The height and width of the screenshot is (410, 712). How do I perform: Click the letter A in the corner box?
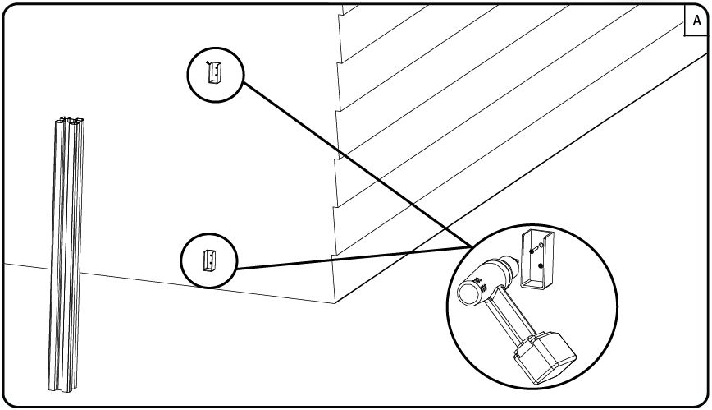[x=696, y=22]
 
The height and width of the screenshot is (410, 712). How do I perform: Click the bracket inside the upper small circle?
[x=214, y=72]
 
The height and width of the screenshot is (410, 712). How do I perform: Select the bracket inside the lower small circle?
[x=209, y=261]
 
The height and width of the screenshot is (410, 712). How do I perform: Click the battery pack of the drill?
[x=541, y=354]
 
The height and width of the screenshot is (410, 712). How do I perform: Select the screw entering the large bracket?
[x=534, y=247]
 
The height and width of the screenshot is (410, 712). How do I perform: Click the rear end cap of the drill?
[x=468, y=292]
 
